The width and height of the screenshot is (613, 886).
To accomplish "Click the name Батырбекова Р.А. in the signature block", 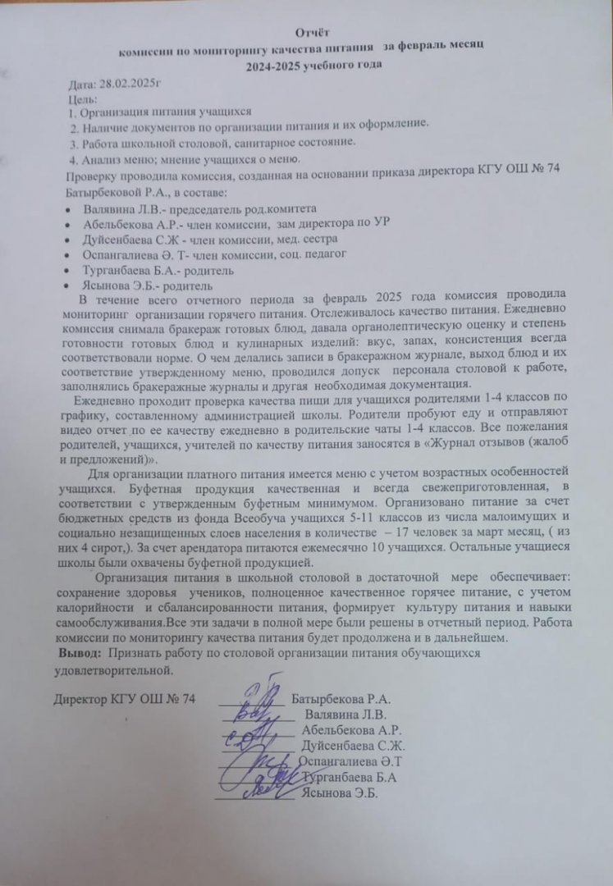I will pos(340,699).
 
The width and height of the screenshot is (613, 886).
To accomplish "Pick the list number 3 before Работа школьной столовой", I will pos(73,142).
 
